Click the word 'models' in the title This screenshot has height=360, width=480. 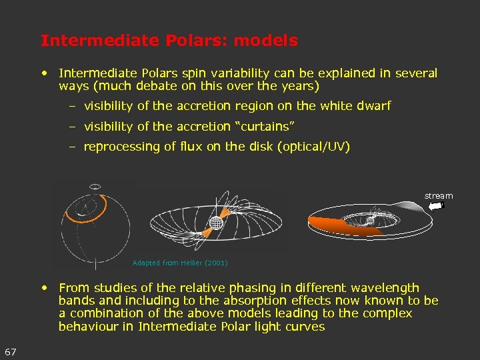click(267, 41)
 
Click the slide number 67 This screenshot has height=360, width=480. click(11, 351)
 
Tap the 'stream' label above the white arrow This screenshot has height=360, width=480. click(439, 195)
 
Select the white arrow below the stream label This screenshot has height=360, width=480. click(436, 207)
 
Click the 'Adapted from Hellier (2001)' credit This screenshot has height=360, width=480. click(180, 263)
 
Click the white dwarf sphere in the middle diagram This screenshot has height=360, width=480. click(215, 223)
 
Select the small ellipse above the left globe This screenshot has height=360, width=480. click(95, 186)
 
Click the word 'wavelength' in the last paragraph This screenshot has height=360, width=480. click(387, 288)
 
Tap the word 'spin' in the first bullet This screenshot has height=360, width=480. click(194, 73)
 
